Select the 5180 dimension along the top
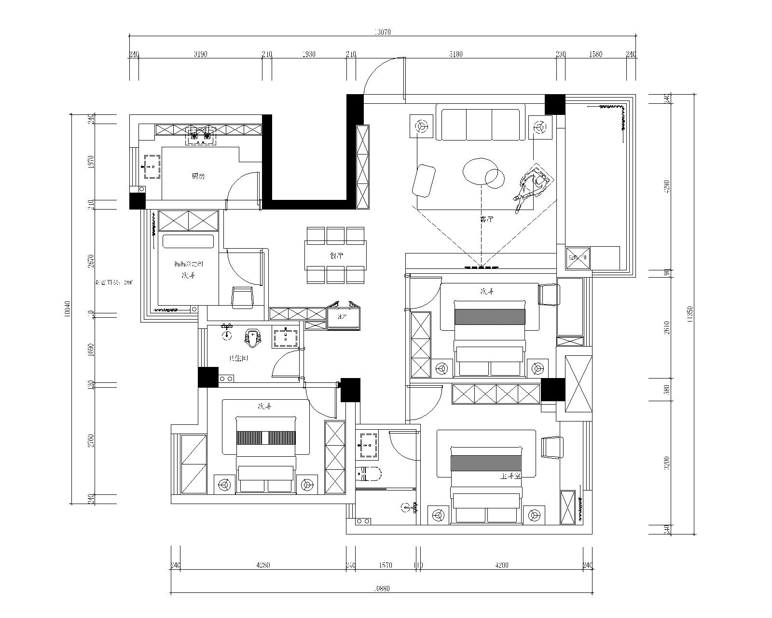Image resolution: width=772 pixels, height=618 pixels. (455, 54)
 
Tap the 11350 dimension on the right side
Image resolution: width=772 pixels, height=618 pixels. (690, 314)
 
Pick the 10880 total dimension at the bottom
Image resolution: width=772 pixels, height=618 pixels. (382, 589)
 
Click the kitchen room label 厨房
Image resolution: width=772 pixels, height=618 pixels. (198, 176)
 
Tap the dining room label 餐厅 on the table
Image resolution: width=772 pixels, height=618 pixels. (336, 256)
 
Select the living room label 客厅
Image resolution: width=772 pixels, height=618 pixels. (486, 219)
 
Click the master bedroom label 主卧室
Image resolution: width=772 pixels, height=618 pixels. (510, 477)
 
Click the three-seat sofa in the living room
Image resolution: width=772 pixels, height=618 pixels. (480, 125)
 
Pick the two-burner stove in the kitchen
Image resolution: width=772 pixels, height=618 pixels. (201, 136)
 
